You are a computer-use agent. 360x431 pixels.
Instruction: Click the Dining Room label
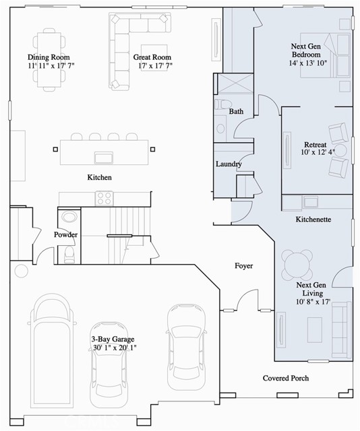(49, 57)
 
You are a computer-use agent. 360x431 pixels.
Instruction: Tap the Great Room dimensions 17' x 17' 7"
(155, 66)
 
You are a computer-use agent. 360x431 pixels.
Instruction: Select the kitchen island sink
(103, 158)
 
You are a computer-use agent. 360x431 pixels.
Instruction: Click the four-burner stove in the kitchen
(104, 198)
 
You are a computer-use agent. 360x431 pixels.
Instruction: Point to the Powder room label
(65, 234)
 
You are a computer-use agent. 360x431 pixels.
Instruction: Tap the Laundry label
(229, 164)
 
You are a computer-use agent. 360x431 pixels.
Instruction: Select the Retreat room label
(315, 145)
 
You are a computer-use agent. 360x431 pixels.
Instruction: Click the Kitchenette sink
(311, 202)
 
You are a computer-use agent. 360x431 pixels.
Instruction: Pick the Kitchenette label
(313, 220)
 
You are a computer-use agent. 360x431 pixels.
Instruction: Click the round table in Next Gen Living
(297, 265)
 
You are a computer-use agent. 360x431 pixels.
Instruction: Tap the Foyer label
(243, 266)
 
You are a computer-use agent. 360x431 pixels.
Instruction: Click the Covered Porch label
(286, 378)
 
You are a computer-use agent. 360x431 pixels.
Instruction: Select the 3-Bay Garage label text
(113, 339)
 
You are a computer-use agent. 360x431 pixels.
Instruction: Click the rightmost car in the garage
(187, 347)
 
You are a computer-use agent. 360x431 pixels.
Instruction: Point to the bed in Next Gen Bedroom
(325, 55)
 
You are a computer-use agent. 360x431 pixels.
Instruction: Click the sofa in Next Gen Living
(342, 330)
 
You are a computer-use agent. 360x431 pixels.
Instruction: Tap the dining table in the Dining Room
(49, 60)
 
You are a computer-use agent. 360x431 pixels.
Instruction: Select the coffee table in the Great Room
(154, 58)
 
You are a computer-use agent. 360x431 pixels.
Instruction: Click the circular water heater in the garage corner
(21, 271)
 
